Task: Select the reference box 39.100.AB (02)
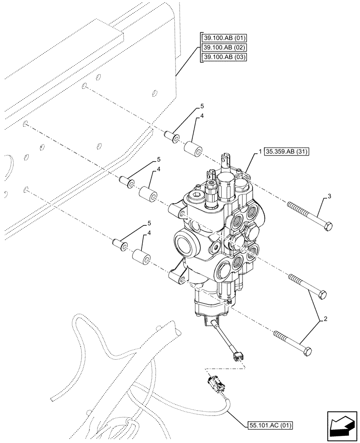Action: (x=225, y=47)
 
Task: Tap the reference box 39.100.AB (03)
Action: (x=225, y=57)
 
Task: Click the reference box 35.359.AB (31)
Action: (x=287, y=152)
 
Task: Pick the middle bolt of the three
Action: (x=307, y=286)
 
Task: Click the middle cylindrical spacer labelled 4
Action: (x=149, y=194)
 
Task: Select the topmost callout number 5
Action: (x=202, y=107)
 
